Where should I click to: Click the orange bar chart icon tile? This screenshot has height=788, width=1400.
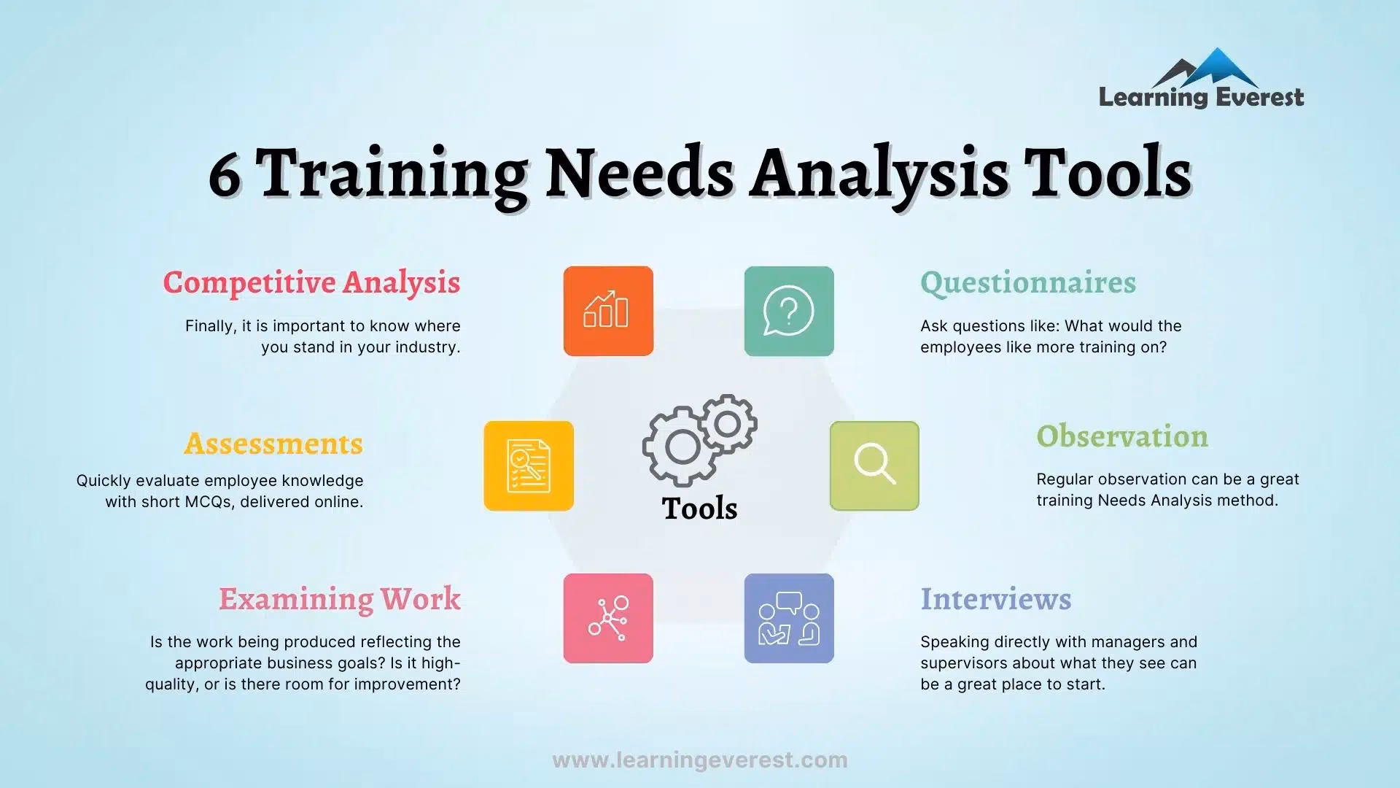tap(608, 311)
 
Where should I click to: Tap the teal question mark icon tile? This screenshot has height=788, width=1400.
tap(789, 311)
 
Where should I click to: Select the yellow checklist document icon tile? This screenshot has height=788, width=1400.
tap(529, 466)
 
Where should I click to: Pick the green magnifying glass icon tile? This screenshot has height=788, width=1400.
tap(874, 466)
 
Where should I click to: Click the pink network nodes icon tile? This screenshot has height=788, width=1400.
tap(608, 618)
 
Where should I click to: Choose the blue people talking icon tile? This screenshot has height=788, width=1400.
tap(789, 618)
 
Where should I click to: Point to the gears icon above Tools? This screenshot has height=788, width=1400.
tap(699, 439)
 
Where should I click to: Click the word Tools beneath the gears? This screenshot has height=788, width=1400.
tap(699, 509)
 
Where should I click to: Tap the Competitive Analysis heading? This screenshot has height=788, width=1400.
tap(311, 283)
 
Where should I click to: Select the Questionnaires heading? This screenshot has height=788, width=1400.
tap(1028, 283)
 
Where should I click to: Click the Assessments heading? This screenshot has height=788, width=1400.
tap(273, 444)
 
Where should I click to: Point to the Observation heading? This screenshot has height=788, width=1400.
tap(1122, 436)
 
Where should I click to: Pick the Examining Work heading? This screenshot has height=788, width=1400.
tap(340, 599)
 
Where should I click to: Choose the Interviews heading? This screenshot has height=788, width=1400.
tap(996, 599)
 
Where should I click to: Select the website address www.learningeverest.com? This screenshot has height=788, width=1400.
tap(700, 760)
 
